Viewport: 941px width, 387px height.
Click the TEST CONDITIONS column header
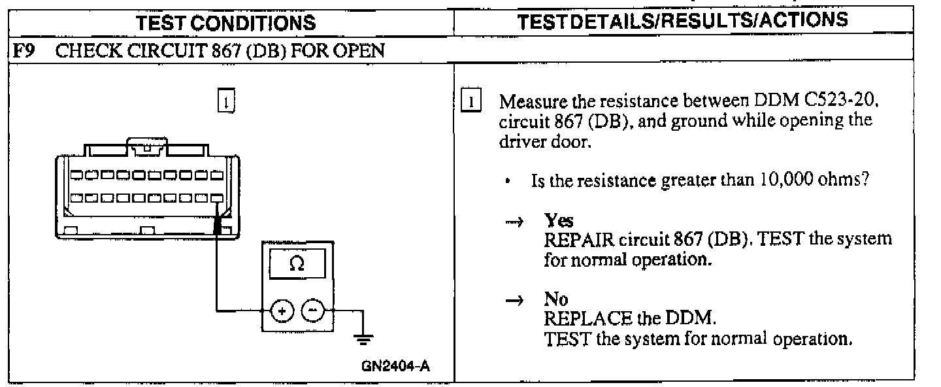pos(227,23)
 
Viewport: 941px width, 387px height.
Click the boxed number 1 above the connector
pos(225,101)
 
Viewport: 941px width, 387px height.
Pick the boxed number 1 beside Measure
pos(472,103)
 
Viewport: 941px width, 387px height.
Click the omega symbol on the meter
pos(296,265)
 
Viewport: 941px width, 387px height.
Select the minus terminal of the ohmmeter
pos(312,311)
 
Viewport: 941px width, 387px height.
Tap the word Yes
pos(555,222)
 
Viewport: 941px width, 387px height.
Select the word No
pos(554,299)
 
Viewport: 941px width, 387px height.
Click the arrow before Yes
pos(514,222)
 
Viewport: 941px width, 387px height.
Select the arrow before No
pos(514,300)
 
